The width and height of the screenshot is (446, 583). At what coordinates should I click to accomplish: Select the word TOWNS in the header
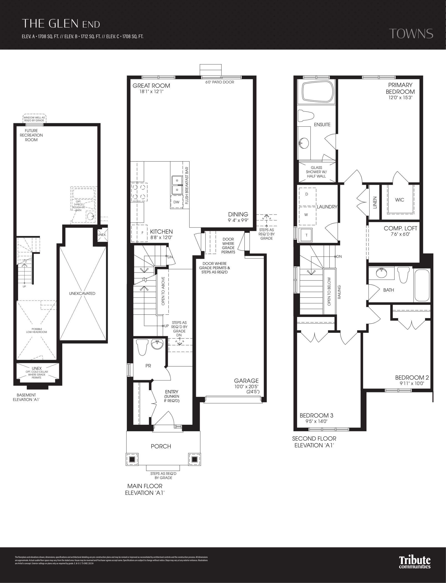click(x=411, y=34)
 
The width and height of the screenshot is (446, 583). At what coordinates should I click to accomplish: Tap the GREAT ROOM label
click(x=151, y=86)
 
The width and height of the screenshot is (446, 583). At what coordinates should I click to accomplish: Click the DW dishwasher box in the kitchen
click(x=176, y=202)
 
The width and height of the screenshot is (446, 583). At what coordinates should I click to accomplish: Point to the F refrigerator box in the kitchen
click(x=142, y=233)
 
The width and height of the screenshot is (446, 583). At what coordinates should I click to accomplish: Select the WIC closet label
click(x=399, y=200)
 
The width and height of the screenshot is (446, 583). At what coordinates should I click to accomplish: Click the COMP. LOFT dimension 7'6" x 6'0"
click(x=400, y=234)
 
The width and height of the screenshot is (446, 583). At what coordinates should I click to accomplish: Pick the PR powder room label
click(x=148, y=366)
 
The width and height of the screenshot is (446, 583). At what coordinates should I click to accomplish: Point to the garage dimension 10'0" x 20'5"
click(x=246, y=387)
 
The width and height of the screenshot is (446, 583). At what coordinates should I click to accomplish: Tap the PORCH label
click(x=161, y=446)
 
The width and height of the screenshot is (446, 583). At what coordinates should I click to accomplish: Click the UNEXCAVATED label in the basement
click(x=82, y=294)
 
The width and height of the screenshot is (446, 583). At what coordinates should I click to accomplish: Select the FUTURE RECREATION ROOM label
click(x=31, y=135)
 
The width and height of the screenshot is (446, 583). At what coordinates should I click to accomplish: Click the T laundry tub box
click(x=306, y=235)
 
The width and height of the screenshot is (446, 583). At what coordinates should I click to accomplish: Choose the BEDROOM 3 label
click(x=316, y=416)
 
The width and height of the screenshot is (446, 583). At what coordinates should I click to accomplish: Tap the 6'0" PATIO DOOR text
click(x=220, y=82)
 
